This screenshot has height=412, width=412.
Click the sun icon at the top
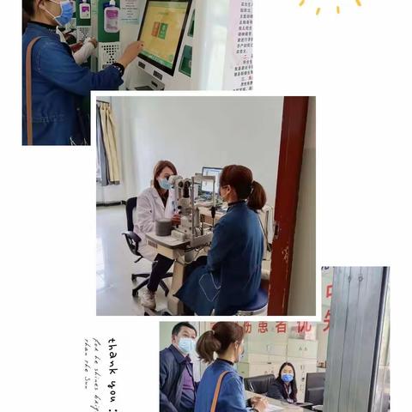click(330, 4)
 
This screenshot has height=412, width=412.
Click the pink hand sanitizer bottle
click(111, 16)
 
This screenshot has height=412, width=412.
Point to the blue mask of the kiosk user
click(62, 13)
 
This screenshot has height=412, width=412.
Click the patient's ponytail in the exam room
click(257, 197)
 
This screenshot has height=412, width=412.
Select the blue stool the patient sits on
click(252, 302)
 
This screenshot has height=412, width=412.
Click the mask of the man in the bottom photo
click(185, 345)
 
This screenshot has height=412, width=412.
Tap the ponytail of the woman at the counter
click(206, 346)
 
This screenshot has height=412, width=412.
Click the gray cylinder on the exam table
click(163, 227)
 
